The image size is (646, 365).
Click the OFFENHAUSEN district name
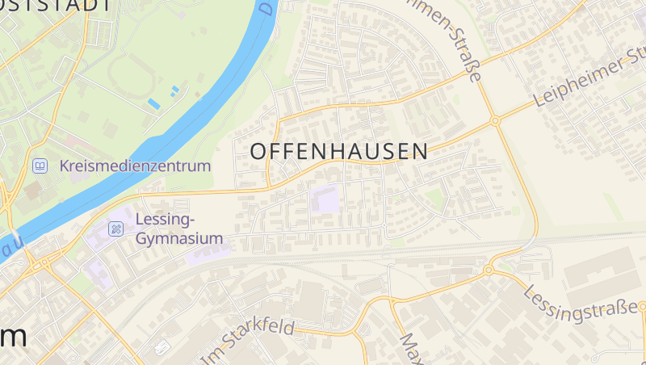pos(339,151)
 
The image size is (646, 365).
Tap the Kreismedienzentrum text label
pos(135,166)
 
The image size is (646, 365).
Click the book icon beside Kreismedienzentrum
pos(39,166)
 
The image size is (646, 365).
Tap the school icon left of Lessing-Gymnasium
pos(116,229)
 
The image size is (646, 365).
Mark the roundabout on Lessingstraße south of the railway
pos(489,270)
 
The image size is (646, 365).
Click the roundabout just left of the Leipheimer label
pos(495,121)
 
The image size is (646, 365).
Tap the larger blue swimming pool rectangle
pos(153,103)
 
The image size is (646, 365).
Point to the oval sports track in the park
pos(129,77)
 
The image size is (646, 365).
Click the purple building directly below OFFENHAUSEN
pos(326,199)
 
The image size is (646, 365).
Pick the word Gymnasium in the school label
pos(178,238)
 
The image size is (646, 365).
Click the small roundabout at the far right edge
pos(643,307)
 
